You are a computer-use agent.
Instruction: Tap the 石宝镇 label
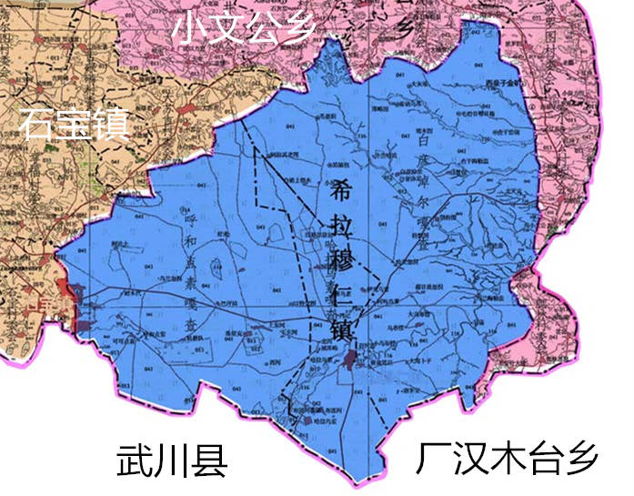(73, 123)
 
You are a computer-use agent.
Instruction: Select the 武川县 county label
(171, 461)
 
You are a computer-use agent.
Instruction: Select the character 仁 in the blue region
(345, 294)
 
